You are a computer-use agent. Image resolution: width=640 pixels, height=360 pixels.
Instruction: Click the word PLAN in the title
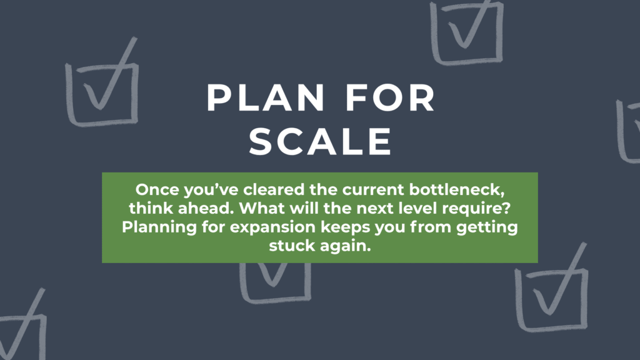click(265, 98)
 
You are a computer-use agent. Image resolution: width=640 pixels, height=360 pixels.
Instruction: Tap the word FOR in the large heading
click(391, 98)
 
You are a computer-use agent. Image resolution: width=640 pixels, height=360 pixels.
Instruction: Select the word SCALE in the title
click(321, 141)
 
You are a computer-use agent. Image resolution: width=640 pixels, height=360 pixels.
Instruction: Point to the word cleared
click(274, 190)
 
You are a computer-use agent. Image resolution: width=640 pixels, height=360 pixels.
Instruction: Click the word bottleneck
click(457, 191)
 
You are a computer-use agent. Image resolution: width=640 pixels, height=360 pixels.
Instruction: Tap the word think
click(151, 208)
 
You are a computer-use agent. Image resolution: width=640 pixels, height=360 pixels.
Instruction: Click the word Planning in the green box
click(159, 227)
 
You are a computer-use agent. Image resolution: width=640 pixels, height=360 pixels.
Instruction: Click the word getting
click(487, 228)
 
